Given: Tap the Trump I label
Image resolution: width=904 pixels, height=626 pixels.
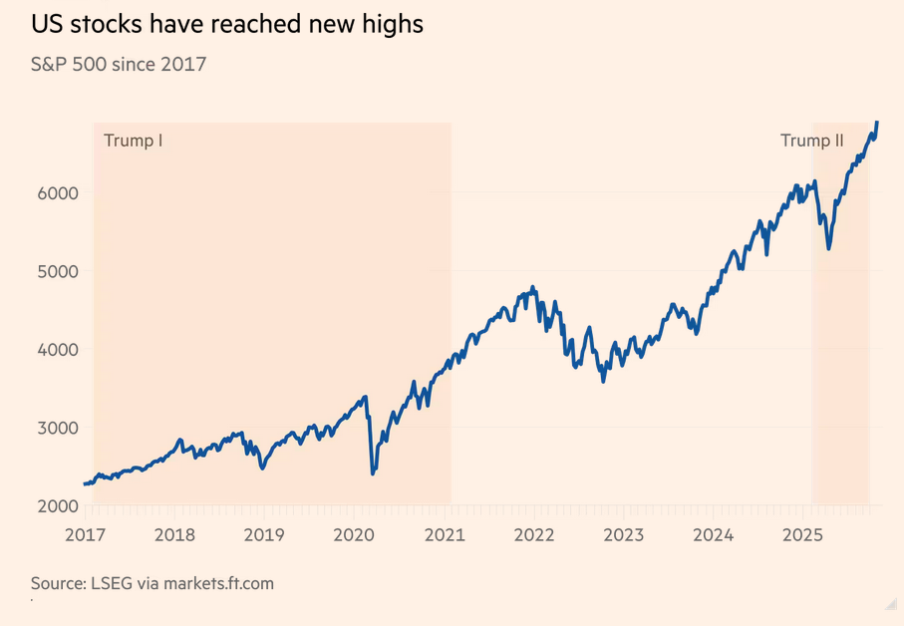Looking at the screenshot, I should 133,141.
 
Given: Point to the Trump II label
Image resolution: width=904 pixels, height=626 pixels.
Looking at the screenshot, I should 811,141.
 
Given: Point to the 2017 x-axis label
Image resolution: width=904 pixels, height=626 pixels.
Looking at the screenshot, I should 86,535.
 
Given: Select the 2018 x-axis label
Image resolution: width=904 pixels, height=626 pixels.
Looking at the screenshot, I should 174,535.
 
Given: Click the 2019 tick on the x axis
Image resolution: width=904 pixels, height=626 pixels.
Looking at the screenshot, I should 264,535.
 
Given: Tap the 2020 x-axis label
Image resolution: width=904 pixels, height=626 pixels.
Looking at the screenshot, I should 354,535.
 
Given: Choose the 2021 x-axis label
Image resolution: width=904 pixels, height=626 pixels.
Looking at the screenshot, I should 445,535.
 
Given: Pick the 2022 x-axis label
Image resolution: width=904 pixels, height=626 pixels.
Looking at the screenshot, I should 534,535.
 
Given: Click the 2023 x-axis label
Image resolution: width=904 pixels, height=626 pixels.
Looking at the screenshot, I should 624,535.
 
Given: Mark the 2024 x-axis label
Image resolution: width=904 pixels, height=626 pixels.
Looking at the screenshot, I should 714,535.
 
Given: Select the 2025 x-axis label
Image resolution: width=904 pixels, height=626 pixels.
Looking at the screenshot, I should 803,535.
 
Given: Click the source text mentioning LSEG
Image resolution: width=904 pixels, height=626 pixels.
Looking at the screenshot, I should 151,583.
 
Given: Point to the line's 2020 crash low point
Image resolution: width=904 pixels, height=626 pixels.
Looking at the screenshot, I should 373,472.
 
